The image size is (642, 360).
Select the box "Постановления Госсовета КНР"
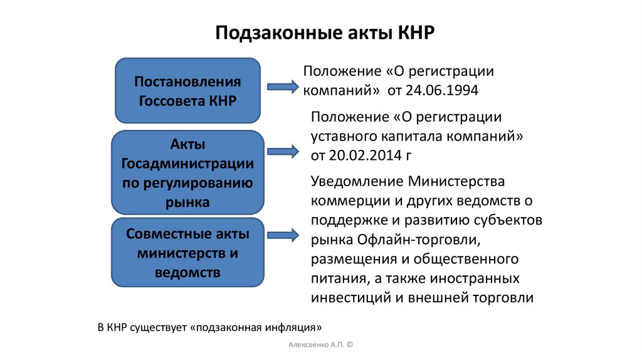coord(187,91)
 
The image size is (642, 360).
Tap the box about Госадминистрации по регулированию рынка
coord(187,173)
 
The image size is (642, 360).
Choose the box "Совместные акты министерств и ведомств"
coord(187,253)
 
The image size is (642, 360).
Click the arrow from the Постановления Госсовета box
coord(283,87)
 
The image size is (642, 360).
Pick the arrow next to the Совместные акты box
coord(283,235)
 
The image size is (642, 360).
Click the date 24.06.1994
coord(442,90)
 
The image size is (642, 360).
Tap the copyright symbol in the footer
coord(349,346)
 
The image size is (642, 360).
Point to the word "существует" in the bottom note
coord(159,327)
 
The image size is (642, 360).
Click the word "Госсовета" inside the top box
coord(167,100)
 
